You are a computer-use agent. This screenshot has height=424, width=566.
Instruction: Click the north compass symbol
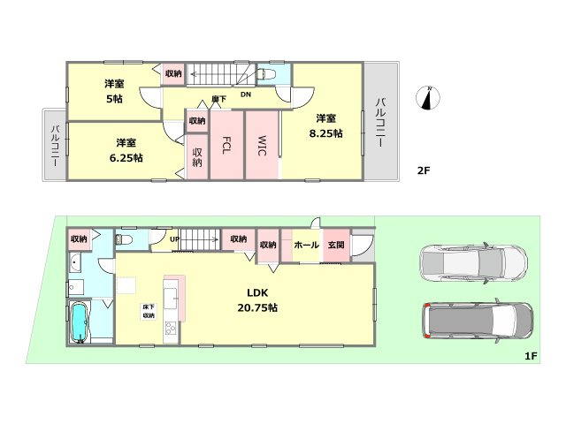(x=428, y=98)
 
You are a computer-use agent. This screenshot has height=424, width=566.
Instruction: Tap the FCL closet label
(x=226, y=145)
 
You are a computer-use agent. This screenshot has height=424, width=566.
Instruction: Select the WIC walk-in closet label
(x=262, y=145)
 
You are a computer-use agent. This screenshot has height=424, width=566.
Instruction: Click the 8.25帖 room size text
(x=325, y=133)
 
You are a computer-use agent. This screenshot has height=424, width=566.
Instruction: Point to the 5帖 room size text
(x=114, y=98)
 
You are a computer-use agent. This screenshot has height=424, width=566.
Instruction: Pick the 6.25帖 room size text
(x=126, y=158)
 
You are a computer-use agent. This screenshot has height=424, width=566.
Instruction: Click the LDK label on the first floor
(x=257, y=292)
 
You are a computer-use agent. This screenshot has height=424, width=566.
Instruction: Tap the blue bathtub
(x=79, y=322)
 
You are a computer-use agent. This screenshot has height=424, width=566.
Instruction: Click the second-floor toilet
(x=267, y=74)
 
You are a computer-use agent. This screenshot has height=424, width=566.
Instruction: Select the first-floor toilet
(x=124, y=239)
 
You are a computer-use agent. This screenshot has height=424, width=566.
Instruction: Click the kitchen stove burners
(x=171, y=328)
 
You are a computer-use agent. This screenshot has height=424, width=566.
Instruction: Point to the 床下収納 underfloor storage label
(x=149, y=311)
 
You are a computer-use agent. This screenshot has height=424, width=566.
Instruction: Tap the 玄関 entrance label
(x=336, y=246)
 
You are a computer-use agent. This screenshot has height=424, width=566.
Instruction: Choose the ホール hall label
(x=307, y=246)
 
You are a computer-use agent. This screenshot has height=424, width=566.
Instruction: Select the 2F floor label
(x=424, y=170)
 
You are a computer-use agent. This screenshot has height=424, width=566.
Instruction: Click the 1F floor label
(x=531, y=357)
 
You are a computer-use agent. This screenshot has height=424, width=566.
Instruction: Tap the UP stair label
(x=175, y=239)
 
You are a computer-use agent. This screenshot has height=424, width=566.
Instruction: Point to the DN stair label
(x=246, y=95)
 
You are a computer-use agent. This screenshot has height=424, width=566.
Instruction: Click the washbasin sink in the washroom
(x=75, y=263)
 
